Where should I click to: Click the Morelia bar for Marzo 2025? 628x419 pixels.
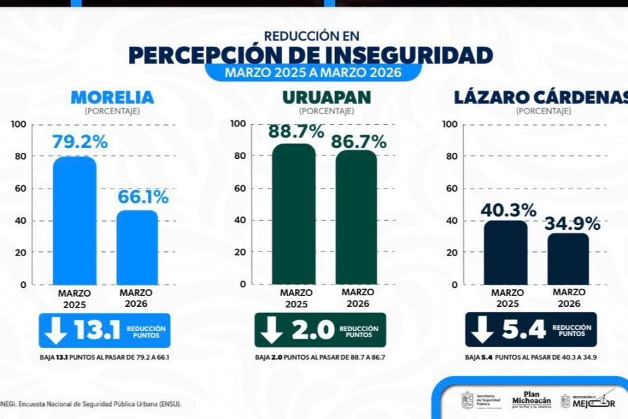click(75, 220)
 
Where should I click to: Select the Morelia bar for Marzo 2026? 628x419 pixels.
click(138, 247)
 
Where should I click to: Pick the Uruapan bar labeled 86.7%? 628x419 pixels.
click(357, 216)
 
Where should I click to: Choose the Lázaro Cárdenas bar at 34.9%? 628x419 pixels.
click(568, 258)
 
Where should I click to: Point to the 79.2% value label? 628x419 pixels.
click(80, 143)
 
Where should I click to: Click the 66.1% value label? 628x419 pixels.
click(142, 197)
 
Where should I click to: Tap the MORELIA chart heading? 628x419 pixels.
click(112, 97)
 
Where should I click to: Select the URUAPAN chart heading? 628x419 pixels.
click(326, 97)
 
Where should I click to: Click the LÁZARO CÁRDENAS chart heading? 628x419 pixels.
click(540, 97)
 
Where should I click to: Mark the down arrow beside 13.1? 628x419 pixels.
click(55, 330)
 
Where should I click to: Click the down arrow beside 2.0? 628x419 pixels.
click(271, 330)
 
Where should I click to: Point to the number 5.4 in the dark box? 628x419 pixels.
click(523, 330)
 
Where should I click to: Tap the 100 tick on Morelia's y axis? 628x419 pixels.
click(18, 124)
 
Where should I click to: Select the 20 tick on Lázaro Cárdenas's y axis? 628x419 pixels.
click(452, 253)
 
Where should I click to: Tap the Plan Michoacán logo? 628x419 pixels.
click(531, 401)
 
